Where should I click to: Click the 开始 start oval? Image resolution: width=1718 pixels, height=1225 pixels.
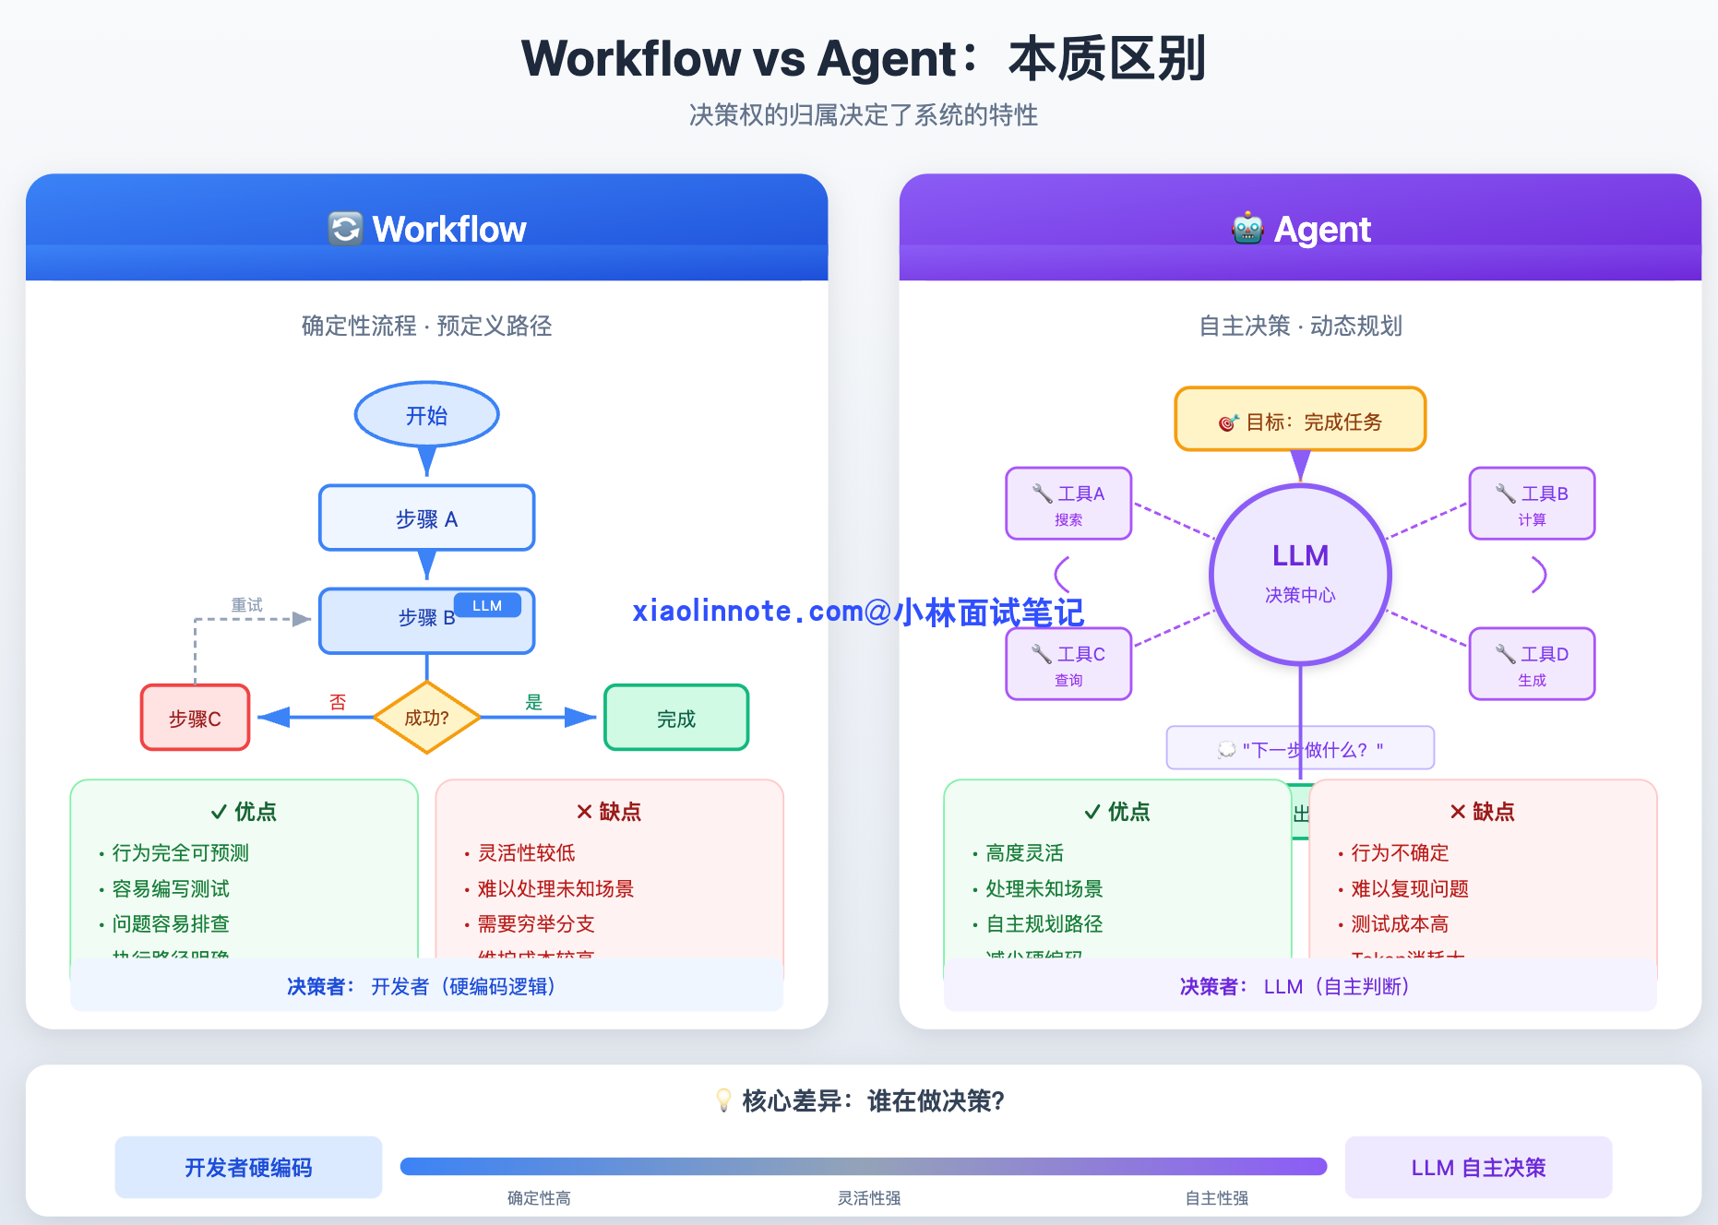pyautogui.click(x=426, y=415)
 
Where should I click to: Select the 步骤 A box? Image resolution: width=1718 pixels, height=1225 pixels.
pyautogui.click(x=426, y=518)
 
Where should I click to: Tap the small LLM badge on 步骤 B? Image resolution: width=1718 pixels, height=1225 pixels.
pyautogui.click(x=487, y=605)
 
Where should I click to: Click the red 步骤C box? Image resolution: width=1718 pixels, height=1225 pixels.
pyautogui.click(x=195, y=718)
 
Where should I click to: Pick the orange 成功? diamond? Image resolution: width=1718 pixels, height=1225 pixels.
pyautogui.click(x=426, y=718)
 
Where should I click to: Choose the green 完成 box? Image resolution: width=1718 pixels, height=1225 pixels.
pyautogui.click(x=676, y=718)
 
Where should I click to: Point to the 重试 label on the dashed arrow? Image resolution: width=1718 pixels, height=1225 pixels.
pyautogui.click(x=246, y=605)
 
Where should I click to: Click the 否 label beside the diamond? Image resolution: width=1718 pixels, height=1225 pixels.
pyautogui.click(x=338, y=702)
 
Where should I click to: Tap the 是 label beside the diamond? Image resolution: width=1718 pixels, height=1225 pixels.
pyautogui.click(x=533, y=702)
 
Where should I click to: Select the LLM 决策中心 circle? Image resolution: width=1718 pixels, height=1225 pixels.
pyautogui.click(x=1300, y=574)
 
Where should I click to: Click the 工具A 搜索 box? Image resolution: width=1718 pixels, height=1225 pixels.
pyautogui.click(x=1068, y=504)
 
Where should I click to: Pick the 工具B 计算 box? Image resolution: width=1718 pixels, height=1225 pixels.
pyautogui.click(x=1532, y=504)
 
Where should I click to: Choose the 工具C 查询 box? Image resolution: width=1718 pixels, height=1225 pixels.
pyautogui.click(x=1068, y=664)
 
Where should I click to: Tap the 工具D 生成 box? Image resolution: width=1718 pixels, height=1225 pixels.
pyautogui.click(x=1532, y=664)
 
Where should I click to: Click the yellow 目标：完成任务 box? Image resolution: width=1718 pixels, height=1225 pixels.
pyautogui.click(x=1300, y=420)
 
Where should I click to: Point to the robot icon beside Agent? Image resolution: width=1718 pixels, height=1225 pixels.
pyautogui.click(x=1247, y=229)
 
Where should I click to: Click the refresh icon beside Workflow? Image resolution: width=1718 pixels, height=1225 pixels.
pyautogui.click(x=345, y=229)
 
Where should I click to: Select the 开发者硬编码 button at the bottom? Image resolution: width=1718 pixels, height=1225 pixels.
pyautogui.click(x=248, y=1168)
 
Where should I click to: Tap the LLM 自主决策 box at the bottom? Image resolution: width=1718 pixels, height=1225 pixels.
pyautogui.click(x=1478, y=1168)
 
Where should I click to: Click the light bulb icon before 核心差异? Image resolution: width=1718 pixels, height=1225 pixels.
pyautogui.click(x=724, y=1100)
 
